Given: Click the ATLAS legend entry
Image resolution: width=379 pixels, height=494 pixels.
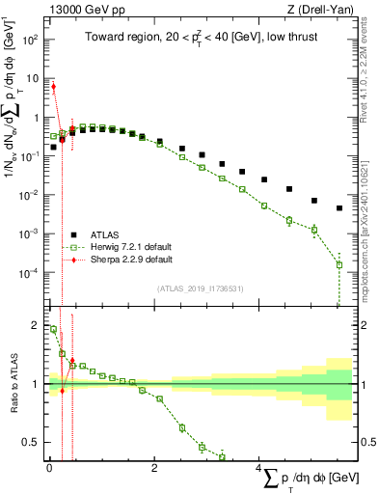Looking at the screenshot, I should [106, 234].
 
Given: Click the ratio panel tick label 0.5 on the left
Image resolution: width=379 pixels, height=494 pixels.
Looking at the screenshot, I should [31, 443].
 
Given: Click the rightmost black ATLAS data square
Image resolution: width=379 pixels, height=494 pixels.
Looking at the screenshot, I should [338, 208].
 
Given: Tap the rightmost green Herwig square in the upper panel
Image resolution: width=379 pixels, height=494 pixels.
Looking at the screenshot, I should [338, 264].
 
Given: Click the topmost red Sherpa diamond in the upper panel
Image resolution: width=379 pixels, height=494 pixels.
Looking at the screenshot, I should [53, 86].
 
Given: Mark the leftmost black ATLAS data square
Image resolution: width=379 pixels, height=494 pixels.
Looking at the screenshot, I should [53, 148].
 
